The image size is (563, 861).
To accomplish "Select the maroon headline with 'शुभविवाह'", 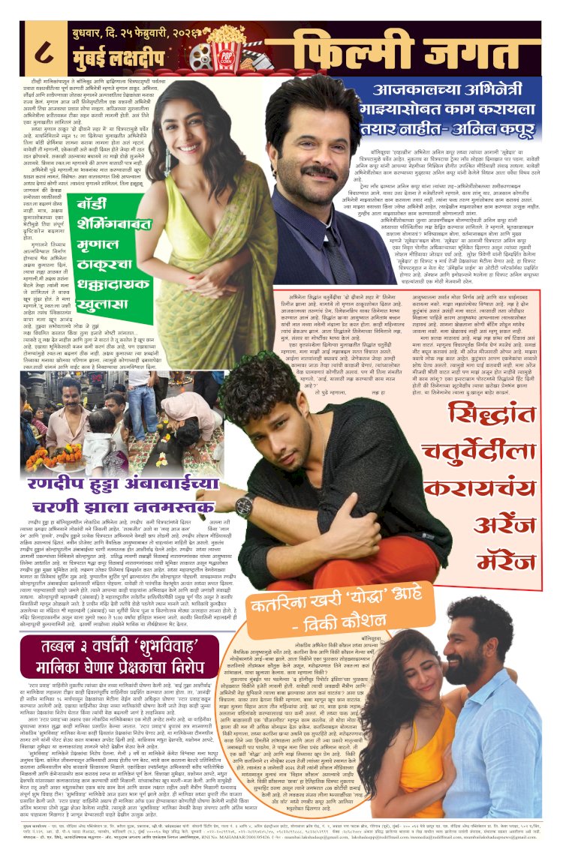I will point(124,659).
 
